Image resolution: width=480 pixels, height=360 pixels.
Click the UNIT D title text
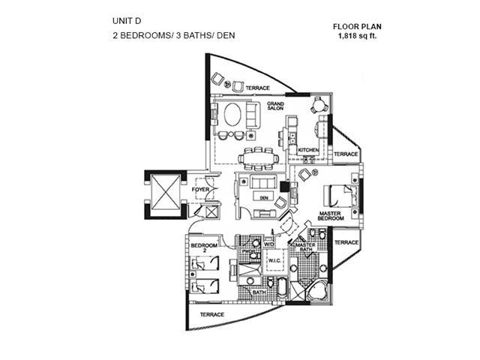tap(123, 20)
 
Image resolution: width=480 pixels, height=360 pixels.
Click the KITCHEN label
tap(308, 151)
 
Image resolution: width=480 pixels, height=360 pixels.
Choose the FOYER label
tap(200, 190)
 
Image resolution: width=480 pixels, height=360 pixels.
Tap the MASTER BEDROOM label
tap(330, 217)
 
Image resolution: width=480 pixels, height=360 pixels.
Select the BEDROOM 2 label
tap(203, 248)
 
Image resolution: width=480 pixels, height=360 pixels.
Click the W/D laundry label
tap(268, 244)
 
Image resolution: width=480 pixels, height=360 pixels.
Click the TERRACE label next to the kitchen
tap(346, 154)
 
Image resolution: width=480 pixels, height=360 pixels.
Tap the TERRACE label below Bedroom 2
tap(212, 313)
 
